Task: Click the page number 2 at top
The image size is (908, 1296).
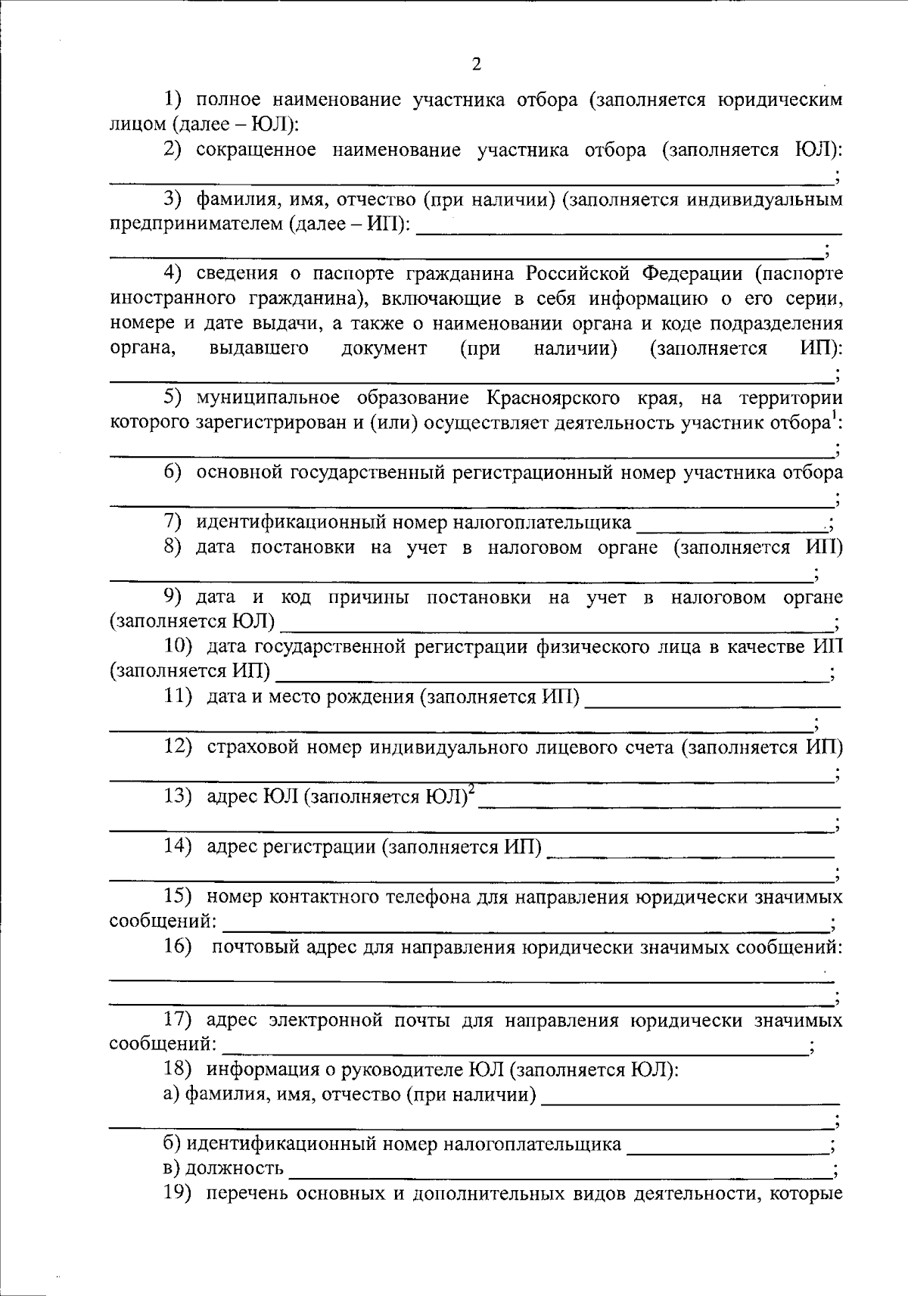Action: click(476, 64)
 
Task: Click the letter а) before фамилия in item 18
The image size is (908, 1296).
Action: click(172, 1095)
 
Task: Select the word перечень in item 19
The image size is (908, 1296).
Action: click(245, 1195)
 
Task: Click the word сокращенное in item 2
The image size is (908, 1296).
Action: click(256, 149)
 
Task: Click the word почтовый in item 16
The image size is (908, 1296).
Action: click(254, 947)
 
